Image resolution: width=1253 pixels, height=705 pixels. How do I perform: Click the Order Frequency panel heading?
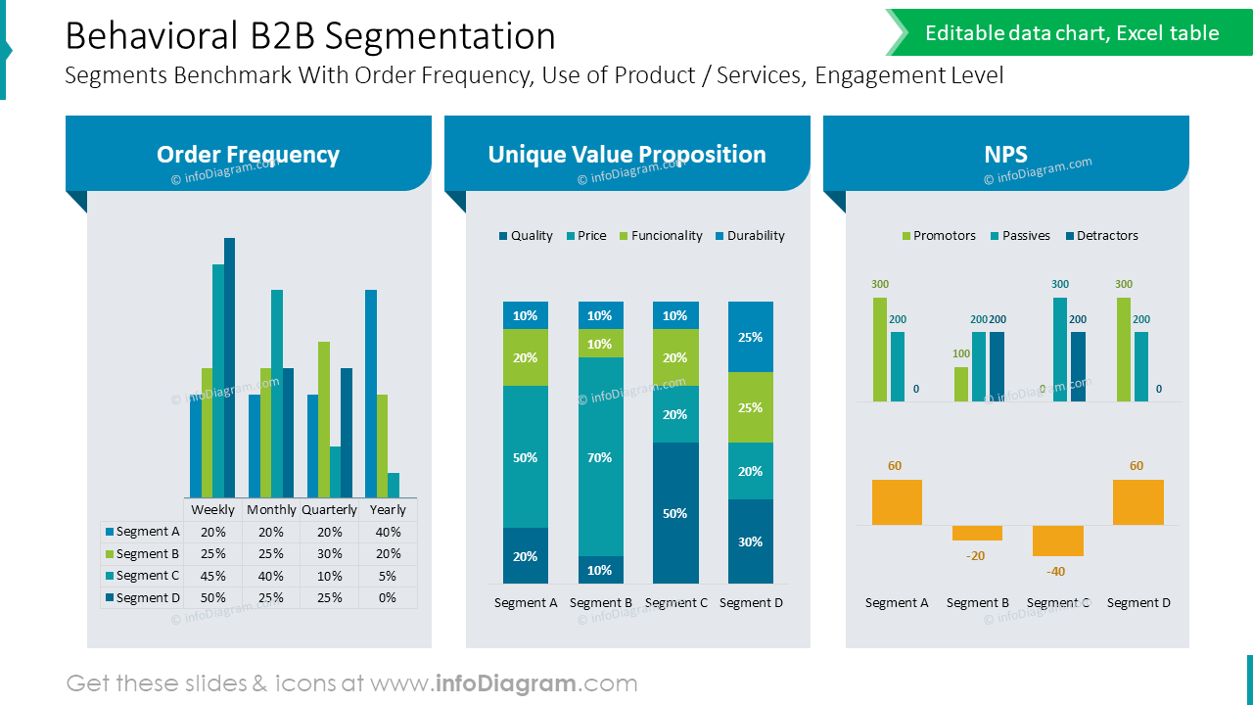point(248,155)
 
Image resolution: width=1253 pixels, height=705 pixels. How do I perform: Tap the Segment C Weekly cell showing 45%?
point(212,576)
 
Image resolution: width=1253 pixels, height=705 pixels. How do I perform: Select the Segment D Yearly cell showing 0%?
point(388,597)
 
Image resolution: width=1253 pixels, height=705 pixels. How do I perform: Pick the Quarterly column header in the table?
point(329,510)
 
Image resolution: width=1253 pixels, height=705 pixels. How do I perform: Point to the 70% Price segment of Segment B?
point(600,457)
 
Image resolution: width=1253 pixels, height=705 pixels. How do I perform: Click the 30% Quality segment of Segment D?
point(751,541)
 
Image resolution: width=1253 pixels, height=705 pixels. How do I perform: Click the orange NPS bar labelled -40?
point(1057,540)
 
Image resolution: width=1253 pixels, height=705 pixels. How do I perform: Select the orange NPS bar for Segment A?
point(897,502)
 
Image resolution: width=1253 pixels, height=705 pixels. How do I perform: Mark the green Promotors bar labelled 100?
point(961,384)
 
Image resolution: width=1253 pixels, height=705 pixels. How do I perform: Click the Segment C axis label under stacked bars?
point(675,603)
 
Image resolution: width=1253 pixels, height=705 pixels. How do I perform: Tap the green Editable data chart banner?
point(1071,33)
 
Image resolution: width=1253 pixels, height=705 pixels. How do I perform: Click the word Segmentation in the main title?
point(441,36)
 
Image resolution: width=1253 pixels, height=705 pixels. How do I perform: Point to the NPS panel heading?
point(1005,155)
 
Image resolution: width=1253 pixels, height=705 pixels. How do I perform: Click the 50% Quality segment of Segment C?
point(675,513)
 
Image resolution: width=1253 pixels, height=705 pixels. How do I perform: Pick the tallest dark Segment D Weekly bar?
point(230,367)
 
